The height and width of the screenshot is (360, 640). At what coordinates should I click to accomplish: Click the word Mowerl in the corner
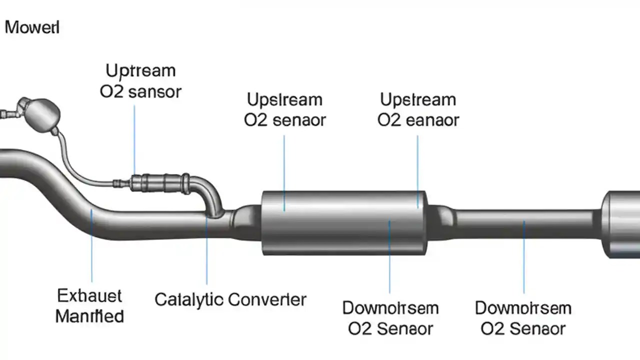pyautogui.click(x=32, y=27)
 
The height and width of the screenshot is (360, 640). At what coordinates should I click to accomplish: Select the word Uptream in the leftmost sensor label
pyautogui.click(x=141, y=70)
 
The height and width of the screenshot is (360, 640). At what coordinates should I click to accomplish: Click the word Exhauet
pyautogui.click(x=89, y=296)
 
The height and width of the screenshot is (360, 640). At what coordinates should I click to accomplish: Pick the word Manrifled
pyautogui.click(x=89, y=316)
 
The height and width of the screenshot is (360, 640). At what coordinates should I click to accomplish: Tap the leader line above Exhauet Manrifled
pyautogui.click(x=91, y=245)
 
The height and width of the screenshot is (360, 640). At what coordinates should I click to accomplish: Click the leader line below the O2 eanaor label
pyautogui.click(x=417, y=170)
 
